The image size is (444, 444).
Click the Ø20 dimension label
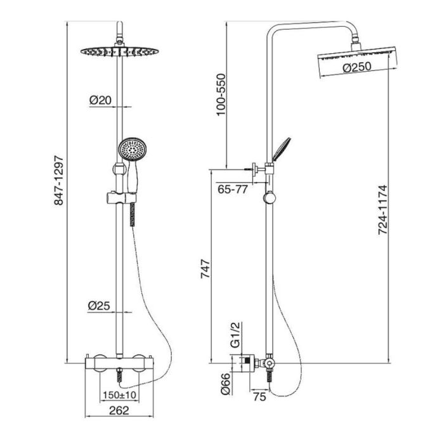coord(100,100)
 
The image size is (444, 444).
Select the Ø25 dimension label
coord(99,306)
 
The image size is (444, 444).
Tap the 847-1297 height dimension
coord(59,180)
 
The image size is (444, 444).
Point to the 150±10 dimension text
coord(119,395)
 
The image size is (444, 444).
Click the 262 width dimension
coord(119,410)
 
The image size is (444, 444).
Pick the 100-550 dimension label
coord(221,95)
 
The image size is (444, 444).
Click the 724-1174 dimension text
coord(382,210)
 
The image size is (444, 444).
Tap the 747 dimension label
coord(206,268)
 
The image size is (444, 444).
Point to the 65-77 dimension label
coord(233,189)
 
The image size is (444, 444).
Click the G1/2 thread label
coord(235,335)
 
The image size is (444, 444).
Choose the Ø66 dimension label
coord(226,384)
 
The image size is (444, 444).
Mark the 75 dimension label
coord(259,397)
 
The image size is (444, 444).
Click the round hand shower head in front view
coord(132,149)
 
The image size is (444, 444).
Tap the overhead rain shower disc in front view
coord(119,51)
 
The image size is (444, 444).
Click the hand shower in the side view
coord(281,150)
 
